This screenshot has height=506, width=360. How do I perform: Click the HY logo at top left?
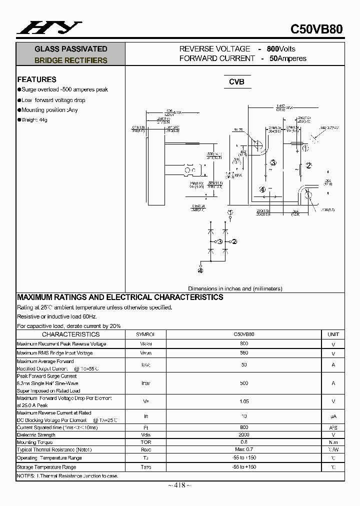coord(49,28)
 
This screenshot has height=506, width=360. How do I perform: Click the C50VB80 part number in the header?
coord(316,29)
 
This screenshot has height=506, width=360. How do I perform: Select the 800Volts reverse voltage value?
coord(281,48)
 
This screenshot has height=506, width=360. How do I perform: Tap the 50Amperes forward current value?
coord(288,58)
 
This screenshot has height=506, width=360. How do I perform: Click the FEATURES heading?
coord(36,79)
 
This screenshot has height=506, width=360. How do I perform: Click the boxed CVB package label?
coord(236,81)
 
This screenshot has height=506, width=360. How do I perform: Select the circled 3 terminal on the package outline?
coord(272,162)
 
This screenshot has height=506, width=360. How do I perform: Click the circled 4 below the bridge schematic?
coord(200,270)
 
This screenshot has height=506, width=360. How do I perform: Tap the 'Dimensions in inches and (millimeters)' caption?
coord(235,288)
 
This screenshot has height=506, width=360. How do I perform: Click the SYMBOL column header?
coord(145,334)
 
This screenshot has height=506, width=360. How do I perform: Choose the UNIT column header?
coord(333,334)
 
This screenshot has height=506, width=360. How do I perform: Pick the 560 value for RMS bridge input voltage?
coord(244,352)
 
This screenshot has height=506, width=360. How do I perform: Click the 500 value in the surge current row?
coord(244,383)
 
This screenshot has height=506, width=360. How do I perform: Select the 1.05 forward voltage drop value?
coord(244,401)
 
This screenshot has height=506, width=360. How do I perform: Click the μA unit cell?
coord(333,416)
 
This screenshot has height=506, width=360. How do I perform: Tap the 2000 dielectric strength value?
coord(244,435)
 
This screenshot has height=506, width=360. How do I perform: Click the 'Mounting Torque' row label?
coord(34,442)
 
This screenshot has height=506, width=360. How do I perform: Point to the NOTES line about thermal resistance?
coord(67,476)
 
